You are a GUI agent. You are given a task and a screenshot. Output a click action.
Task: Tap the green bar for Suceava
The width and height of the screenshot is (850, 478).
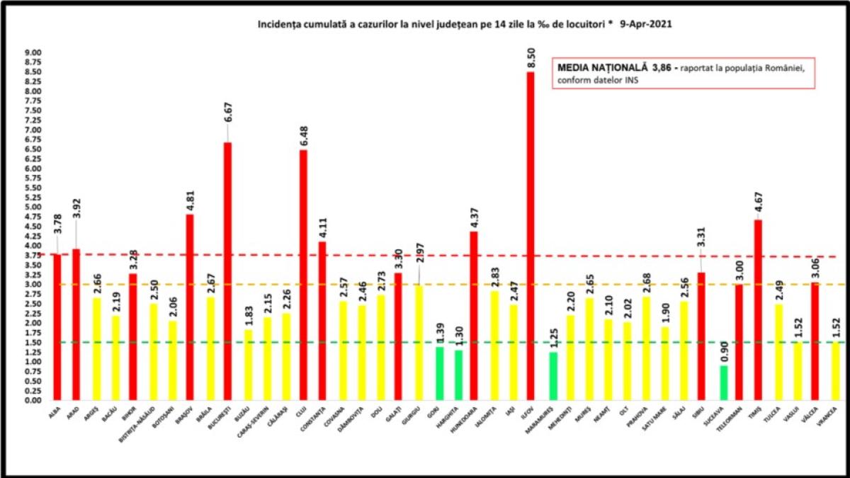pyautogui.click(x=723, y=382)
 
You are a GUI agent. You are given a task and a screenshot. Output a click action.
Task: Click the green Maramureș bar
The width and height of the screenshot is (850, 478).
pyautogui.click(x=552, y=376)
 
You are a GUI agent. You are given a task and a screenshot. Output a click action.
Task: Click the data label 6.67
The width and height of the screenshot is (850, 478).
pyautogui.click(x=227, y=130)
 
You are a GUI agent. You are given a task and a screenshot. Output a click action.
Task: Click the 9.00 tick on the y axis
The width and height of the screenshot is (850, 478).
pyautogui.click(x=33, y=53)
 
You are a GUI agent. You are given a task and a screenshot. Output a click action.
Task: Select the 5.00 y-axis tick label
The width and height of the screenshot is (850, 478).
pyautogui.click(x=33, y=207)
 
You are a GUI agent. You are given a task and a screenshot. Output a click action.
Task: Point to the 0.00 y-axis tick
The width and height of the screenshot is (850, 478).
pyautogui.click(x=33, y=400)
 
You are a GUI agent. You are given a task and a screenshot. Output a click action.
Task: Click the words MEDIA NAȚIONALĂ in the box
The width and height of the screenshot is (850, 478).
pyautogui.click(x=603, y=67)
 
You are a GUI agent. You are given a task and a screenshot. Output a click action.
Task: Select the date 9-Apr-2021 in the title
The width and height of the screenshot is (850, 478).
pyautogui.click(x=646, y=24)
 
